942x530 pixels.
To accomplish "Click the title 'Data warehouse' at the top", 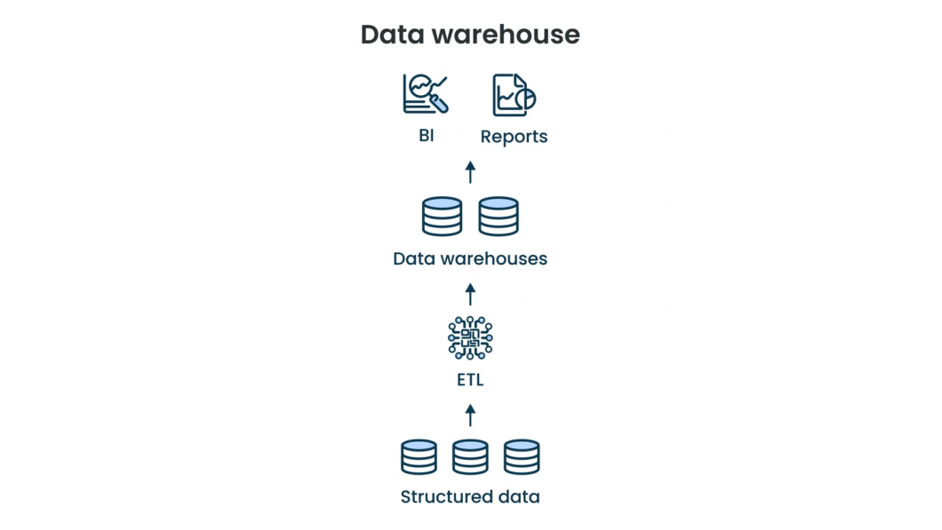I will click(470, 35).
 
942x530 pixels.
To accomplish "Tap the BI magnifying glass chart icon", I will click(426, 93).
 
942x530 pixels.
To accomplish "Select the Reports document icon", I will click(514, 95).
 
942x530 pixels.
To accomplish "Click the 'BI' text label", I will click(427, 137).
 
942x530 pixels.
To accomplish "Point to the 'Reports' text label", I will click(514, 137).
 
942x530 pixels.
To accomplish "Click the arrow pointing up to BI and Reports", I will click(470, 172).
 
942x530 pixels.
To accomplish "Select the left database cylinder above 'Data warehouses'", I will click(442, 217).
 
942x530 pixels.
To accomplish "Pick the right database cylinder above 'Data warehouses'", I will click(499, 217).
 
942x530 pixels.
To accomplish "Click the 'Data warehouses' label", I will click(470, 259).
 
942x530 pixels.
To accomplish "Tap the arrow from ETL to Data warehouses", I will click(470, 294).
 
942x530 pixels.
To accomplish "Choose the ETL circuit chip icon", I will click(470, 337).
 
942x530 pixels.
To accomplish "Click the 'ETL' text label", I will click(470, 381).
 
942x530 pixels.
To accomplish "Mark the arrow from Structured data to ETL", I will click(470, 415).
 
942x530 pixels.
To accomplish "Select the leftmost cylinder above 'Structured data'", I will click(419, 457).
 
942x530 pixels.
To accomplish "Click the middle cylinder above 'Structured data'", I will click(470, 457).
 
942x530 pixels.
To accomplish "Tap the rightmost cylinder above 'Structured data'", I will click(522, 457).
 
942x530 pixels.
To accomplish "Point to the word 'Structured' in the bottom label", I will click(442, 497).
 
